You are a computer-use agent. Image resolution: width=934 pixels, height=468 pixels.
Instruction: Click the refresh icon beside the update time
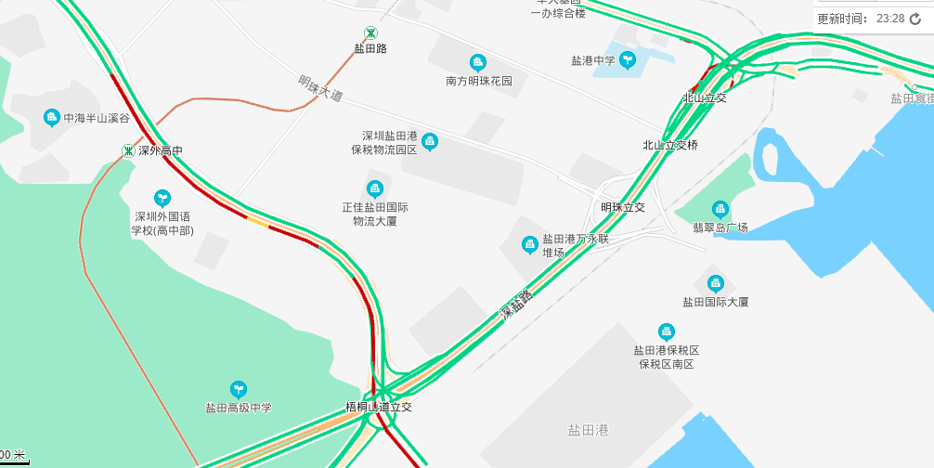pyautogui.click(x=915, y=19)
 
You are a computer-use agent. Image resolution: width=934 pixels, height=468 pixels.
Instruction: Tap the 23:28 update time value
pyautogui.click(x=889, y=19)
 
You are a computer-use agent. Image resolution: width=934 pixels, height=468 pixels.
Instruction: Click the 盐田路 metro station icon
pyautogui.click(x=370, y=33)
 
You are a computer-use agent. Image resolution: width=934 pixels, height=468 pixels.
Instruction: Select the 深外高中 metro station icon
pyautogui.click(x=128, y=150)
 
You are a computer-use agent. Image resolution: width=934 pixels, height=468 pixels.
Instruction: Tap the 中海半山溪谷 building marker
pyautogui.click(x=52, y=117)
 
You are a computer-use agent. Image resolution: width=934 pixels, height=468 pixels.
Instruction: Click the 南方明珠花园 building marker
pyautogui.click(x=478, y=63)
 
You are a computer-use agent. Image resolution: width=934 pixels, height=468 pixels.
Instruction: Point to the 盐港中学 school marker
pyautogui.click(x=628, y=60)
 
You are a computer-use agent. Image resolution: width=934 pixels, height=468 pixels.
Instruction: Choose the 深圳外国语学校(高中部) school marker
pyautogui.click(x=162, y=197)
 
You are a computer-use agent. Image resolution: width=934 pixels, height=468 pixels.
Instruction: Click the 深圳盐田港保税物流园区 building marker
pyautogui.click(x=429, y=141)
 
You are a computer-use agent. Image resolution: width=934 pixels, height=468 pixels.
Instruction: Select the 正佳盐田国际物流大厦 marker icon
pyautogui.click(x=375, y=188)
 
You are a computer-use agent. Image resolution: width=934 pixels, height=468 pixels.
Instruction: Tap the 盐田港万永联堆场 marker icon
pyautogui.click(x=529, y=244)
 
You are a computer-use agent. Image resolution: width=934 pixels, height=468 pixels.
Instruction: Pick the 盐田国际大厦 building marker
pyautogui.click(x=715, y=283)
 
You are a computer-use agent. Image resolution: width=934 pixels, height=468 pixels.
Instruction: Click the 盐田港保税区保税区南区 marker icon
pyautogui.click(x=666, y=331)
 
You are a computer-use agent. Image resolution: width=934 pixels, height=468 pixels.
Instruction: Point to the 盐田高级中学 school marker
pyautogui.click(x=239, y=389)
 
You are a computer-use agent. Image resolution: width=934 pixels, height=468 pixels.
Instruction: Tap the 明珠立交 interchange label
pyautogui.click(x=622, y=207)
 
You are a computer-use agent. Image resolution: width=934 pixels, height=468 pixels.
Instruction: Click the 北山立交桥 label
pyautogui.click(x=669, y=145)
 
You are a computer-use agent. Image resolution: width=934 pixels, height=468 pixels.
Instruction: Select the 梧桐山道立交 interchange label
pyautogui.click(x=378, y=408)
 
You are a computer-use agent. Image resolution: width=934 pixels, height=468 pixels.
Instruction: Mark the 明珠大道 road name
pyautogui.click(x=320, y=88)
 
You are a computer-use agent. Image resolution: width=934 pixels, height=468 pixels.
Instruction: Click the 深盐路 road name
pyautogui.click(x=517, y=305)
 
